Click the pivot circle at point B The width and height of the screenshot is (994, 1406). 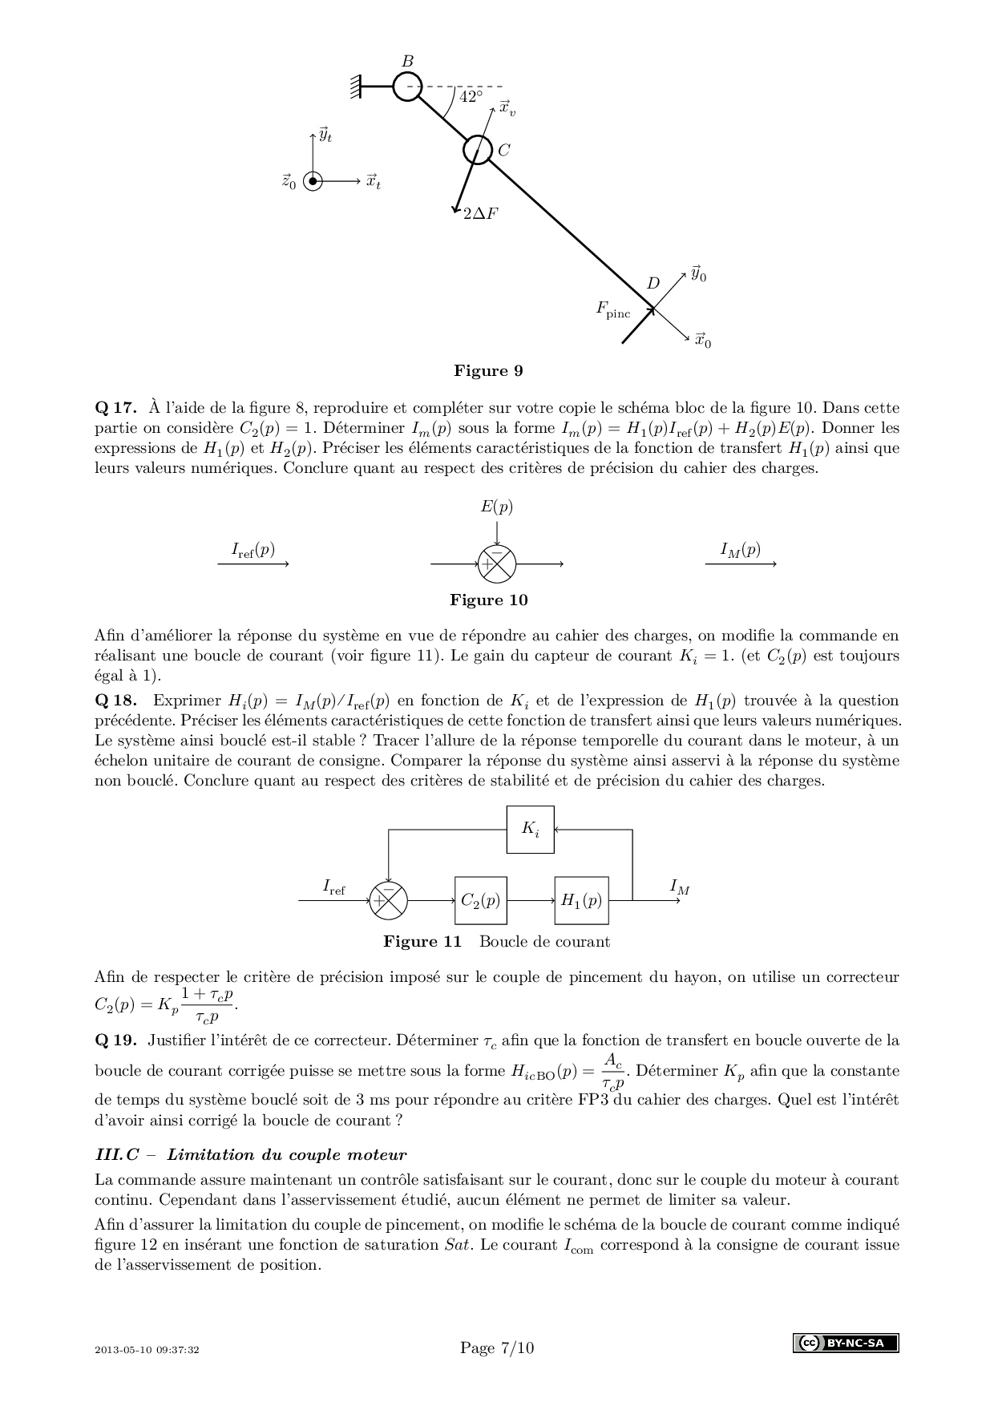coord(407,87)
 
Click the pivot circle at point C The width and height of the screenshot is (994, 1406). coord(477,149)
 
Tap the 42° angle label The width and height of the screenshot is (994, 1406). coord(471,97)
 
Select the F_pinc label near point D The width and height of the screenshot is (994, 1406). coord(613,309)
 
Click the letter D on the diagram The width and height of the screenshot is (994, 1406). coord(653,283)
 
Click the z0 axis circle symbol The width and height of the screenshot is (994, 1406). coord(313,182)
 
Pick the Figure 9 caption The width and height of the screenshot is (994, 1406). coord(488,370)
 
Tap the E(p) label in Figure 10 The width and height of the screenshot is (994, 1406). coord(497,507)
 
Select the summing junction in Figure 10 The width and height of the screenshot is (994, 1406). coord(497,564)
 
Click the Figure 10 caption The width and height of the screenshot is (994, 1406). coord(488,600)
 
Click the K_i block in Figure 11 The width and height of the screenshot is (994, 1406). coord(531,829)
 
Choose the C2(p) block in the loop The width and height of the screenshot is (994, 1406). coord(481,900)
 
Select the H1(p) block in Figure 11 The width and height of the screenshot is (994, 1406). coord(581,900)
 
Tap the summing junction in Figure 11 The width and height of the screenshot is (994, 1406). coord(388,900)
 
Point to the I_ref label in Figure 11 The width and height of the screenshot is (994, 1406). coord(334,887)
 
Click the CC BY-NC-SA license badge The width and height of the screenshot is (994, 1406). coord(846,1343)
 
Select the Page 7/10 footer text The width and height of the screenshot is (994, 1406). coord(497,1347)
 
